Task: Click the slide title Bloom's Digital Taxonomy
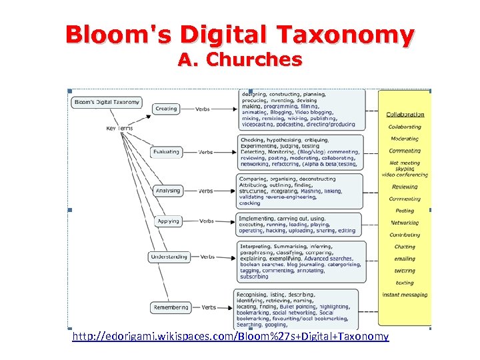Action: pos(239,34)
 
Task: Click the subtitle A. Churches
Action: pos(239,59)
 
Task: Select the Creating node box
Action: pos(166,109)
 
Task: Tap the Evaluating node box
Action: pos(166,151)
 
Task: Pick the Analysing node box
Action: pos(167,191)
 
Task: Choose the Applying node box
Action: pos(168,221)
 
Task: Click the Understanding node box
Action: pos(169,257)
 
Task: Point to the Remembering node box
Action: pos(171,307)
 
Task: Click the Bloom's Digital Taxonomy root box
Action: pos(107,102)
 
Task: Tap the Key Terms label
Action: pos(119,128)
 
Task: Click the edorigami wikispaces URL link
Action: pos(231,336)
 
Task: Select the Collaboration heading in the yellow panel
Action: pos(405,115)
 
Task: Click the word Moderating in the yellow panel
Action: pos(405,139)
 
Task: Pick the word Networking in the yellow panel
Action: pos(405,223)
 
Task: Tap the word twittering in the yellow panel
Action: pos(405,271)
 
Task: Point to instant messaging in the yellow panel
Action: pos(405,295)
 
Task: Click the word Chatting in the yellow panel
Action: pos(405,247)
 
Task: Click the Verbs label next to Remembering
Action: pos(209,307)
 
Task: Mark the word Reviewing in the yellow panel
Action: pos(405,187)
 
